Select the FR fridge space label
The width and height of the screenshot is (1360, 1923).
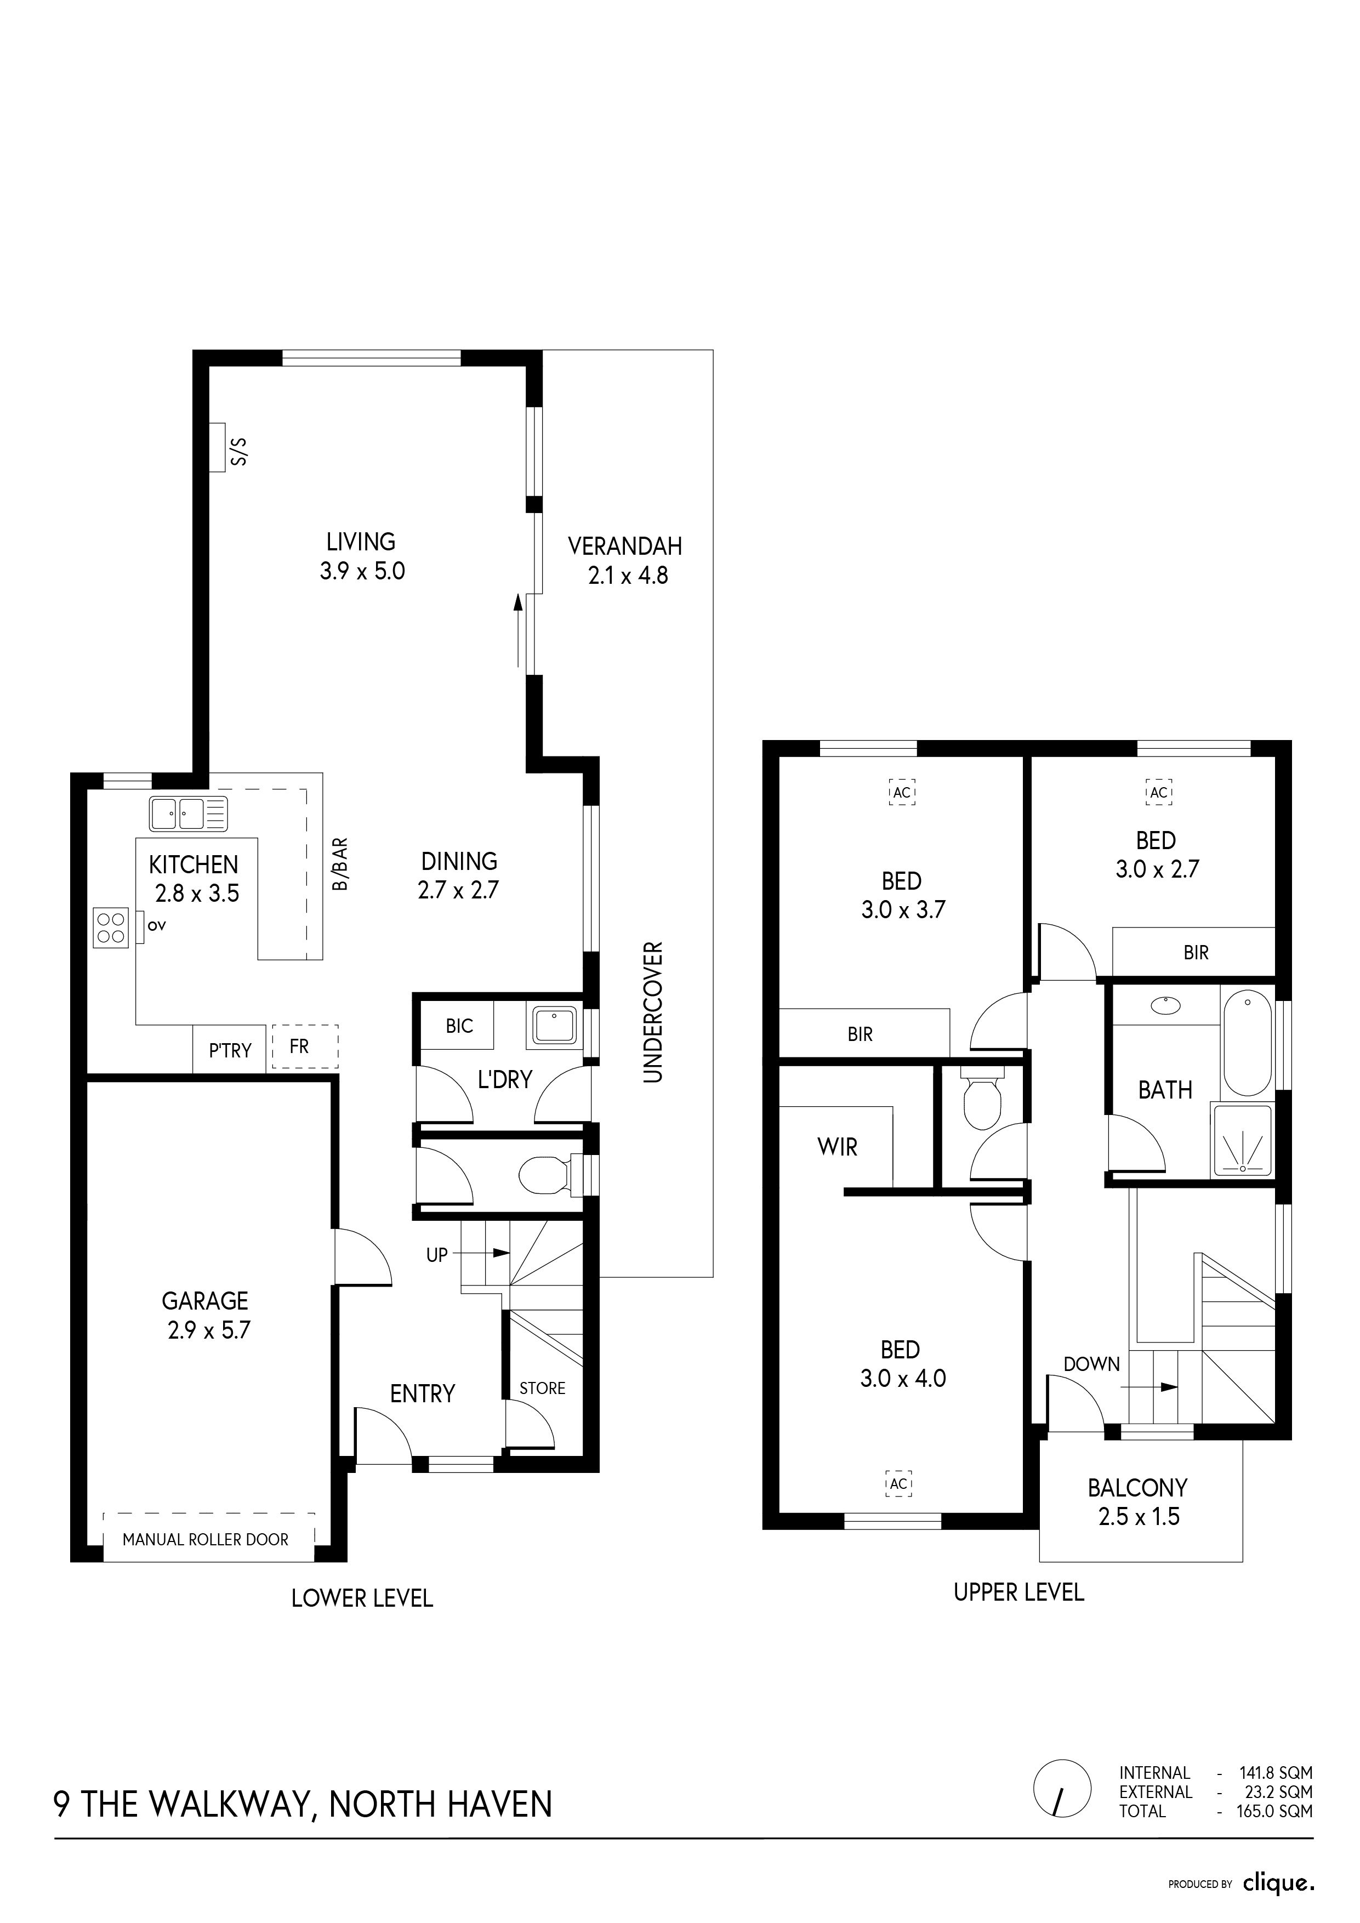point(299,1046)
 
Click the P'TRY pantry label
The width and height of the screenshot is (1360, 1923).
point(230,1050)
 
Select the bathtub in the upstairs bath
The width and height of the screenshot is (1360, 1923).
point(1247,1043)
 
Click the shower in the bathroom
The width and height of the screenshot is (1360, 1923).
point(1243,1141)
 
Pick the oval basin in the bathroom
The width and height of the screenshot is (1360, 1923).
point(1164,1005)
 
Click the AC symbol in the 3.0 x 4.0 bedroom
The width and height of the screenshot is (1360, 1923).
point(898,1484)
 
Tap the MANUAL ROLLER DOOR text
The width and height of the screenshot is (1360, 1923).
point(205,1539)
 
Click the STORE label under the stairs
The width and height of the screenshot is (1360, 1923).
point(543,1388)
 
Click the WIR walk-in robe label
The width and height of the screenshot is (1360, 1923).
point(838,1147)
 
